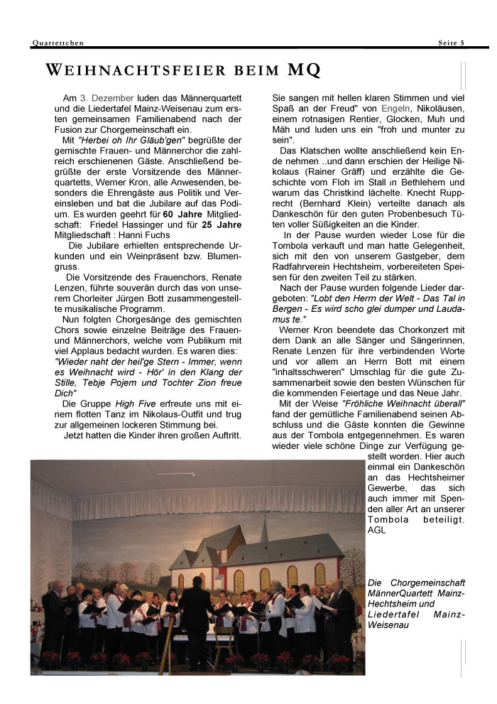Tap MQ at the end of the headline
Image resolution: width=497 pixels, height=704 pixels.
tap(304, 70)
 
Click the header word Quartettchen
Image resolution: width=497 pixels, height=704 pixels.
tap(58, 43)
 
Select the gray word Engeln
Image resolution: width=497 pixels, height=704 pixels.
tap(396, 109)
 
